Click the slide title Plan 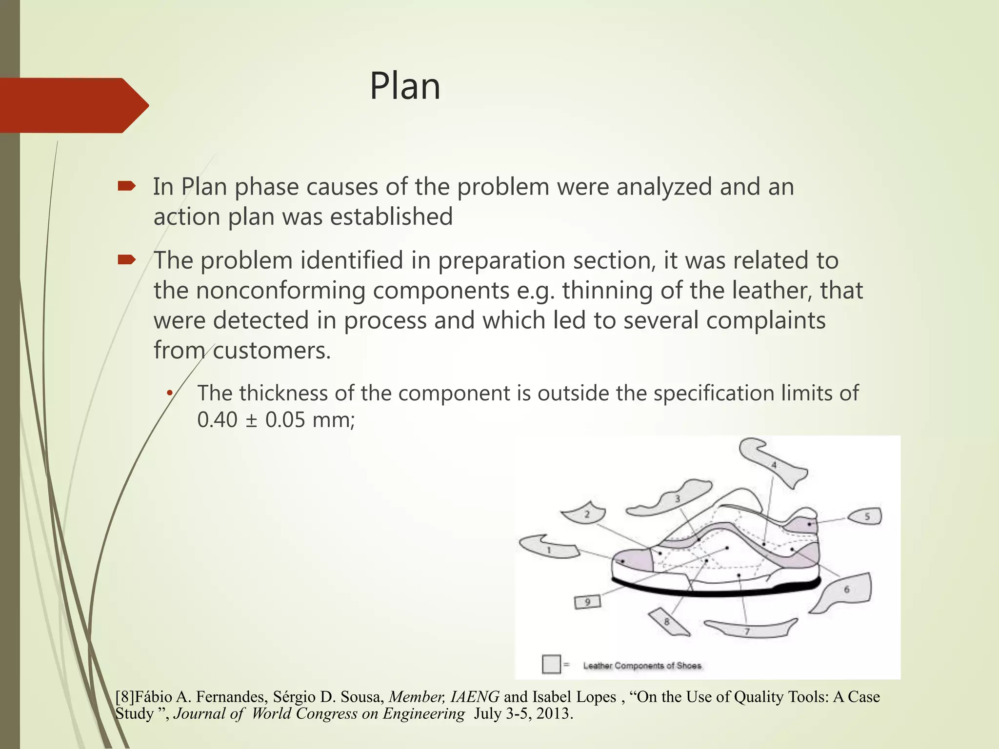click(x=405, y=86)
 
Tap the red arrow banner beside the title click(x=68, y=105)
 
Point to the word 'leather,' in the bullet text click(x=772, y=291)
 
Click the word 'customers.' click(x=272, y=351)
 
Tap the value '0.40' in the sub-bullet click(x=217, y=420)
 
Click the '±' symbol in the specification click(x=251, y=420)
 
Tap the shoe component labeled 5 click(x=866, y=516)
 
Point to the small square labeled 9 click(x=587, y=602)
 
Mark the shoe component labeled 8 click(x=669, y=622)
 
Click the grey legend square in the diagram click(x=551, y=664)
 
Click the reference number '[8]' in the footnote click(x=124, y=697)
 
